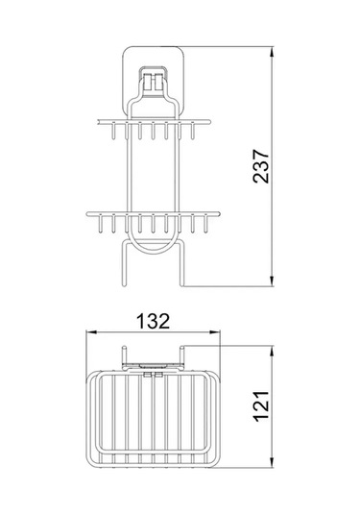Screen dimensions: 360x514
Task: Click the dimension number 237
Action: pyautogui.click(x=261, y=166)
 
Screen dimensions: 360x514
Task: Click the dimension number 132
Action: pyautogui.click(x=153, y=321)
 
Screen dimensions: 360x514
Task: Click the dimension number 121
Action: pyautogui.click(x=261, y=405)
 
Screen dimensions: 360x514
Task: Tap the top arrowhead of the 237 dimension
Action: pyautogui.click(x=272, y=52)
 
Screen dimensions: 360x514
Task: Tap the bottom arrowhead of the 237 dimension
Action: pyautogui.click(x=272, y=281)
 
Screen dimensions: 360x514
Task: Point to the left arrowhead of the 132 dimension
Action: pyautogui.click(x=91, y=332)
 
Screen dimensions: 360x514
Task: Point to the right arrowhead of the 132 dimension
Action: pyautogui.click(x=215, y=332)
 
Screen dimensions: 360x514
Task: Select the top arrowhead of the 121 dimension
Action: pyautogui.click(x=272, y=351)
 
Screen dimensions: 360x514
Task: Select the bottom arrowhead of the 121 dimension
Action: pyautogui.click(x=272, y=462)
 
